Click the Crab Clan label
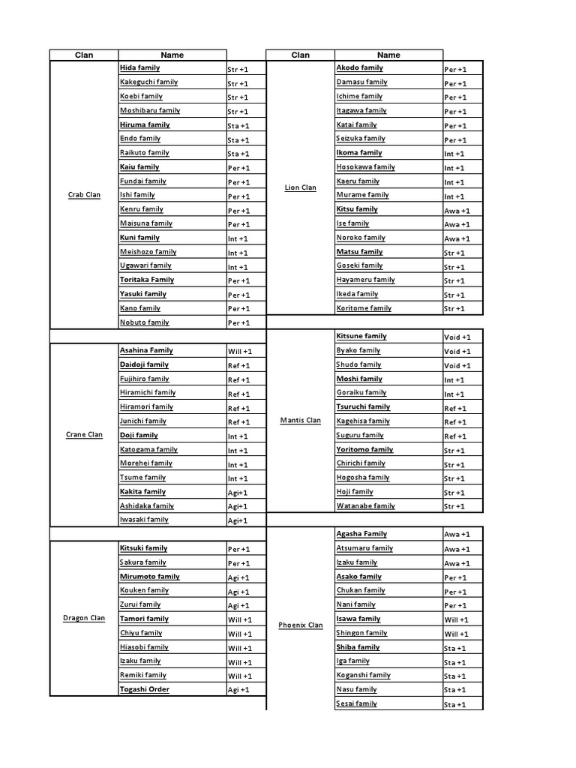(x=84, y=195)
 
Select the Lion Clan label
(x=301, y=187)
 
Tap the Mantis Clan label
(x=300, y=421)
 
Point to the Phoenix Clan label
(x=300, y=625)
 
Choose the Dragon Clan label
(x=83, y=619)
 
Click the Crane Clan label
(x=84, y=435)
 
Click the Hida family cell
(x=139, y=68)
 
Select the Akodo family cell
(x=359, y=68)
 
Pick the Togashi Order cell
(x=145, y=689)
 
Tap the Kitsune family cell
(x=361, y=337)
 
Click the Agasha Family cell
(x=361, y=534)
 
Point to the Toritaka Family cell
(x=147, y=280)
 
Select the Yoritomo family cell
(x=364, y=449)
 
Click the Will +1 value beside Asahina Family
(x=240, y=351)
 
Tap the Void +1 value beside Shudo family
(x=457, y=365)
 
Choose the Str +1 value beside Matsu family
(x=454, y=253)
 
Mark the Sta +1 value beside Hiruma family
(x=238, y=125)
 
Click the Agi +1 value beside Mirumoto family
(x=238, y=577)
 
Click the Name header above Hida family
(x=172, y=55)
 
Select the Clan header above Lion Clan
(x=300, y=55)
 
